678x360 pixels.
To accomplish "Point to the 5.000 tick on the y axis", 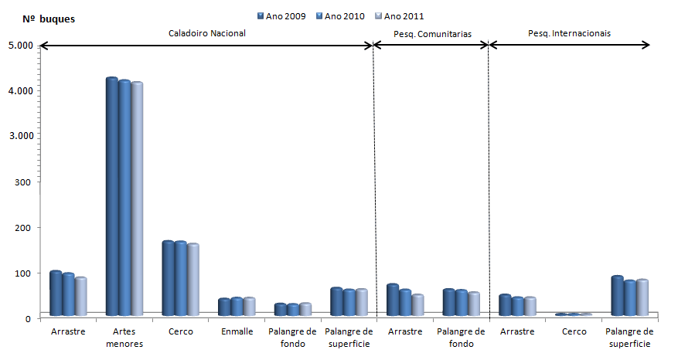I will point(20,46).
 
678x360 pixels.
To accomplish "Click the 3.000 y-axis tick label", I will point(20,136).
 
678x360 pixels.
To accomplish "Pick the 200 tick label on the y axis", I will point(24,228).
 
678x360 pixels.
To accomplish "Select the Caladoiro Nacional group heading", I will point(207,34).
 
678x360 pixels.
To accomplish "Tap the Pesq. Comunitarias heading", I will point(432,34).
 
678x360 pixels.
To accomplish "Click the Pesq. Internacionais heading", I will point(569,34).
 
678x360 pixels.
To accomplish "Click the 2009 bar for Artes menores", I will point(112,197).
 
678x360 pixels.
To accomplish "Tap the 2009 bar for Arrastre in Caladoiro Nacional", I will point(56,294).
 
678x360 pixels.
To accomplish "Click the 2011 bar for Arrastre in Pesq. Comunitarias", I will point(417,305).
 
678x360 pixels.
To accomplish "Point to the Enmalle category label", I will point(236,331).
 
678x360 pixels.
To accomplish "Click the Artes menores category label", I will point(124,337).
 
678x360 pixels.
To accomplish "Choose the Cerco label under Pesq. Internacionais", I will point(573,331).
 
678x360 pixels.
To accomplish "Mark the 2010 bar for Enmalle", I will point(237,307).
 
